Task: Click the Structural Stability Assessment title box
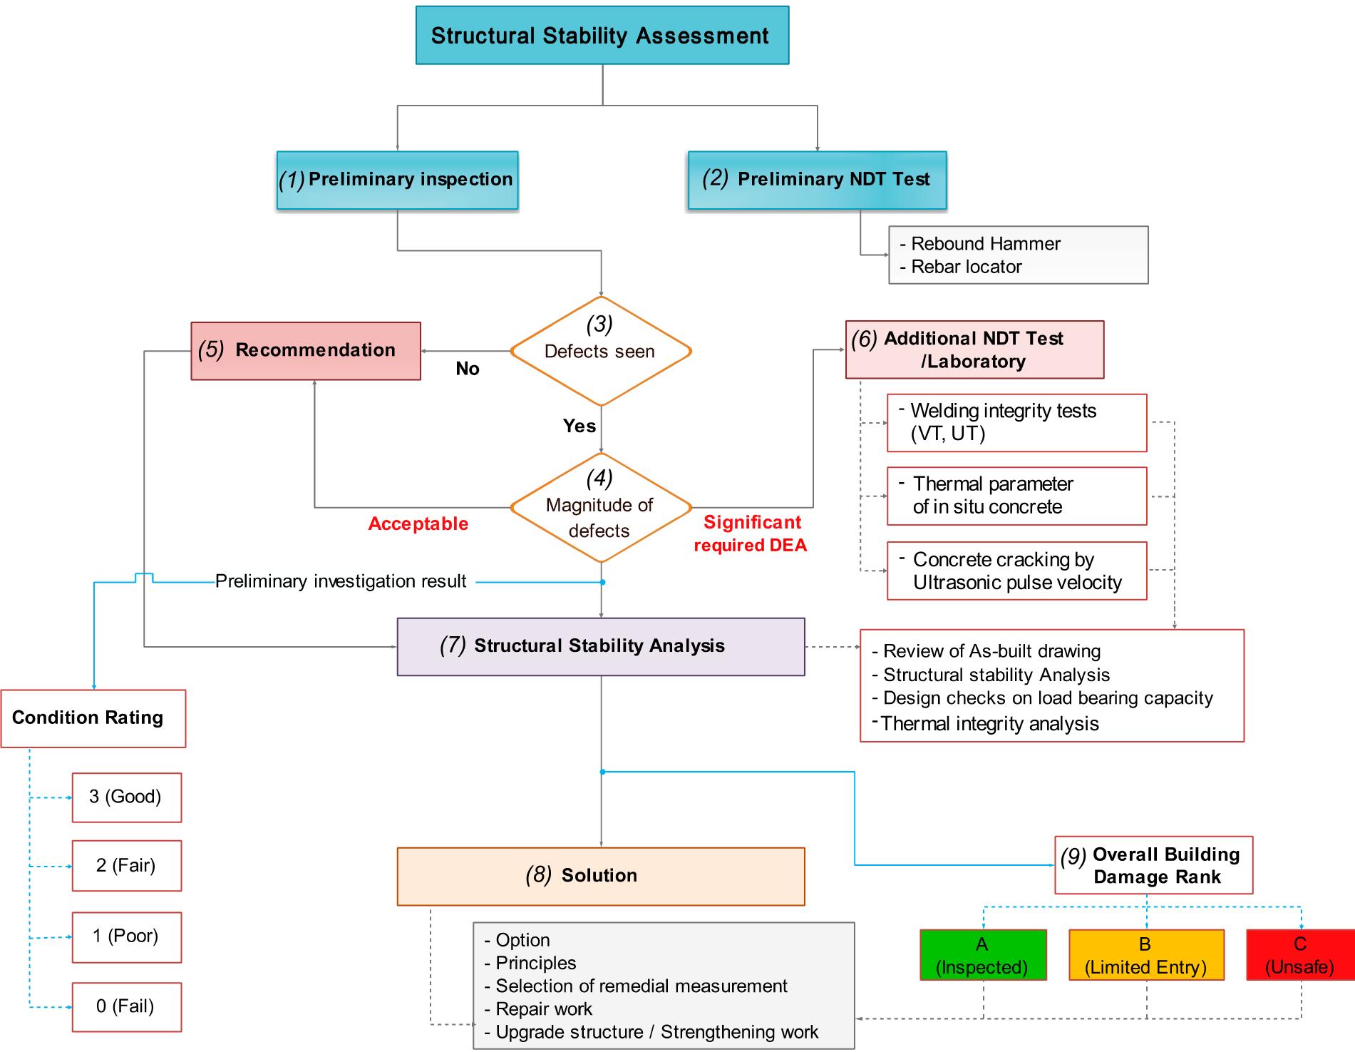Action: coord(602,36)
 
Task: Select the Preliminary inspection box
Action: coord(397,180)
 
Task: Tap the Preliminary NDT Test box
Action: coord(817,180)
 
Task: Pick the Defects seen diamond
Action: coord(601,351)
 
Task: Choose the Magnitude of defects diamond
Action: coord(601,508)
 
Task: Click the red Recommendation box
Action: coord(306,350)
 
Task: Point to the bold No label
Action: coord(468,369)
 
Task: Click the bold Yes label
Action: coord(579,426)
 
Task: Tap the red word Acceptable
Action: coord(418,524)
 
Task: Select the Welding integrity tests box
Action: coord(1016,422)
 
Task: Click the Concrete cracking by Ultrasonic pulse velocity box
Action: coord(1016,571)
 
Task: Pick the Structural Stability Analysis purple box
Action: coord(600,646)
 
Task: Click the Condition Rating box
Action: coord(93,718)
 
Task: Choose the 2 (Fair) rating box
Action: coord(126,865)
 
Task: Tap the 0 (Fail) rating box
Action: coord(126,1006)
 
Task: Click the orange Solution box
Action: coord(600,876)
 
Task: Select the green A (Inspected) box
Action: coord(982,955)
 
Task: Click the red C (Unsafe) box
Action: coord(1299,955)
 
